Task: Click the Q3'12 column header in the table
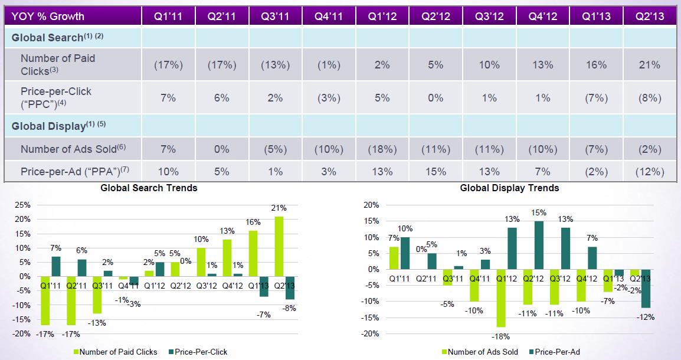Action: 489,16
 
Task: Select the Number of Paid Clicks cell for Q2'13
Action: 649,64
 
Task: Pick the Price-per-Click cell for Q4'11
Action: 328,97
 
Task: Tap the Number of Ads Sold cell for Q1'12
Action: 382,149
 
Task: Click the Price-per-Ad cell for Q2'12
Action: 436,172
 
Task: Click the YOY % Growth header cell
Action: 47,16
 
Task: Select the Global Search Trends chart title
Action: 149,188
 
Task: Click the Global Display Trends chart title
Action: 509,188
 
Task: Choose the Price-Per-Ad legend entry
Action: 555,352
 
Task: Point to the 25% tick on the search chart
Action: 22,205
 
